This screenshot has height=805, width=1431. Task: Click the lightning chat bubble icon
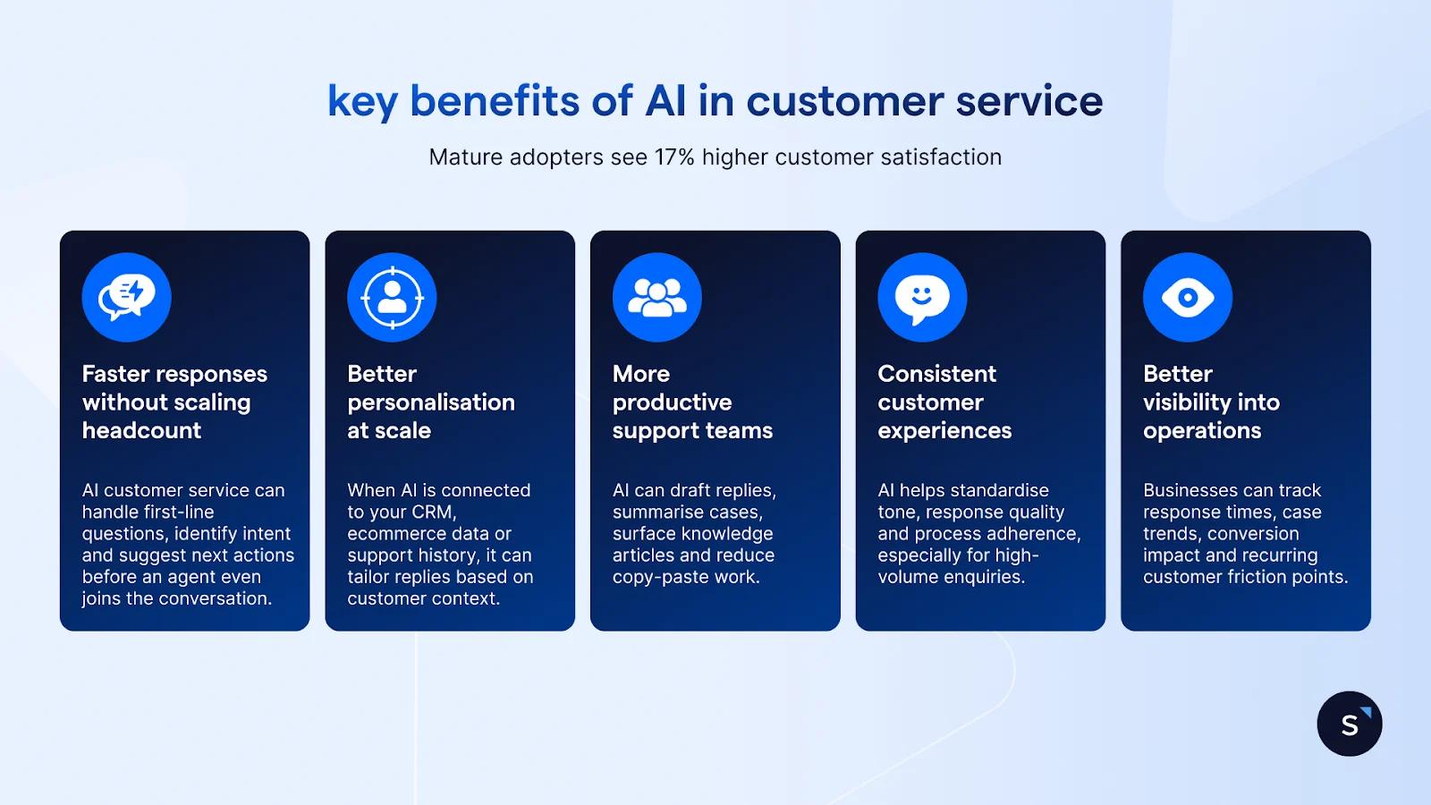tap(126, 297)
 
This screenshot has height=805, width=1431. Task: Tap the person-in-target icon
tap(392, 297)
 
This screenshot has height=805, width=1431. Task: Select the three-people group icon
tap(657, 297)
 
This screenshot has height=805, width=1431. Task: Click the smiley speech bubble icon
tap(922, 297)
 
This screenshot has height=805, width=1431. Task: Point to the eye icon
tap(1188, 297)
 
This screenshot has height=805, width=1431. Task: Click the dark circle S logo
tap(1350, 724)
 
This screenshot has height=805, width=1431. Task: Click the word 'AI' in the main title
tap(665, 101)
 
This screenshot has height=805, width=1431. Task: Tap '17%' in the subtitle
tap(674, 157)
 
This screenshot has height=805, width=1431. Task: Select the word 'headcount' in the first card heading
tap(141, 430)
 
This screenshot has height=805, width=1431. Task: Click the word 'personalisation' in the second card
tap(431, 402)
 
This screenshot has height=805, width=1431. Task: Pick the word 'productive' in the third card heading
tap(672, 402)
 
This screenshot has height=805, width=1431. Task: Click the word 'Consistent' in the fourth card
tap(936, 374)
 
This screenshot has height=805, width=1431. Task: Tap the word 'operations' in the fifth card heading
tap(1202, 431)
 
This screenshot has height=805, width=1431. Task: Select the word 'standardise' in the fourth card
tap(1001, 490)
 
